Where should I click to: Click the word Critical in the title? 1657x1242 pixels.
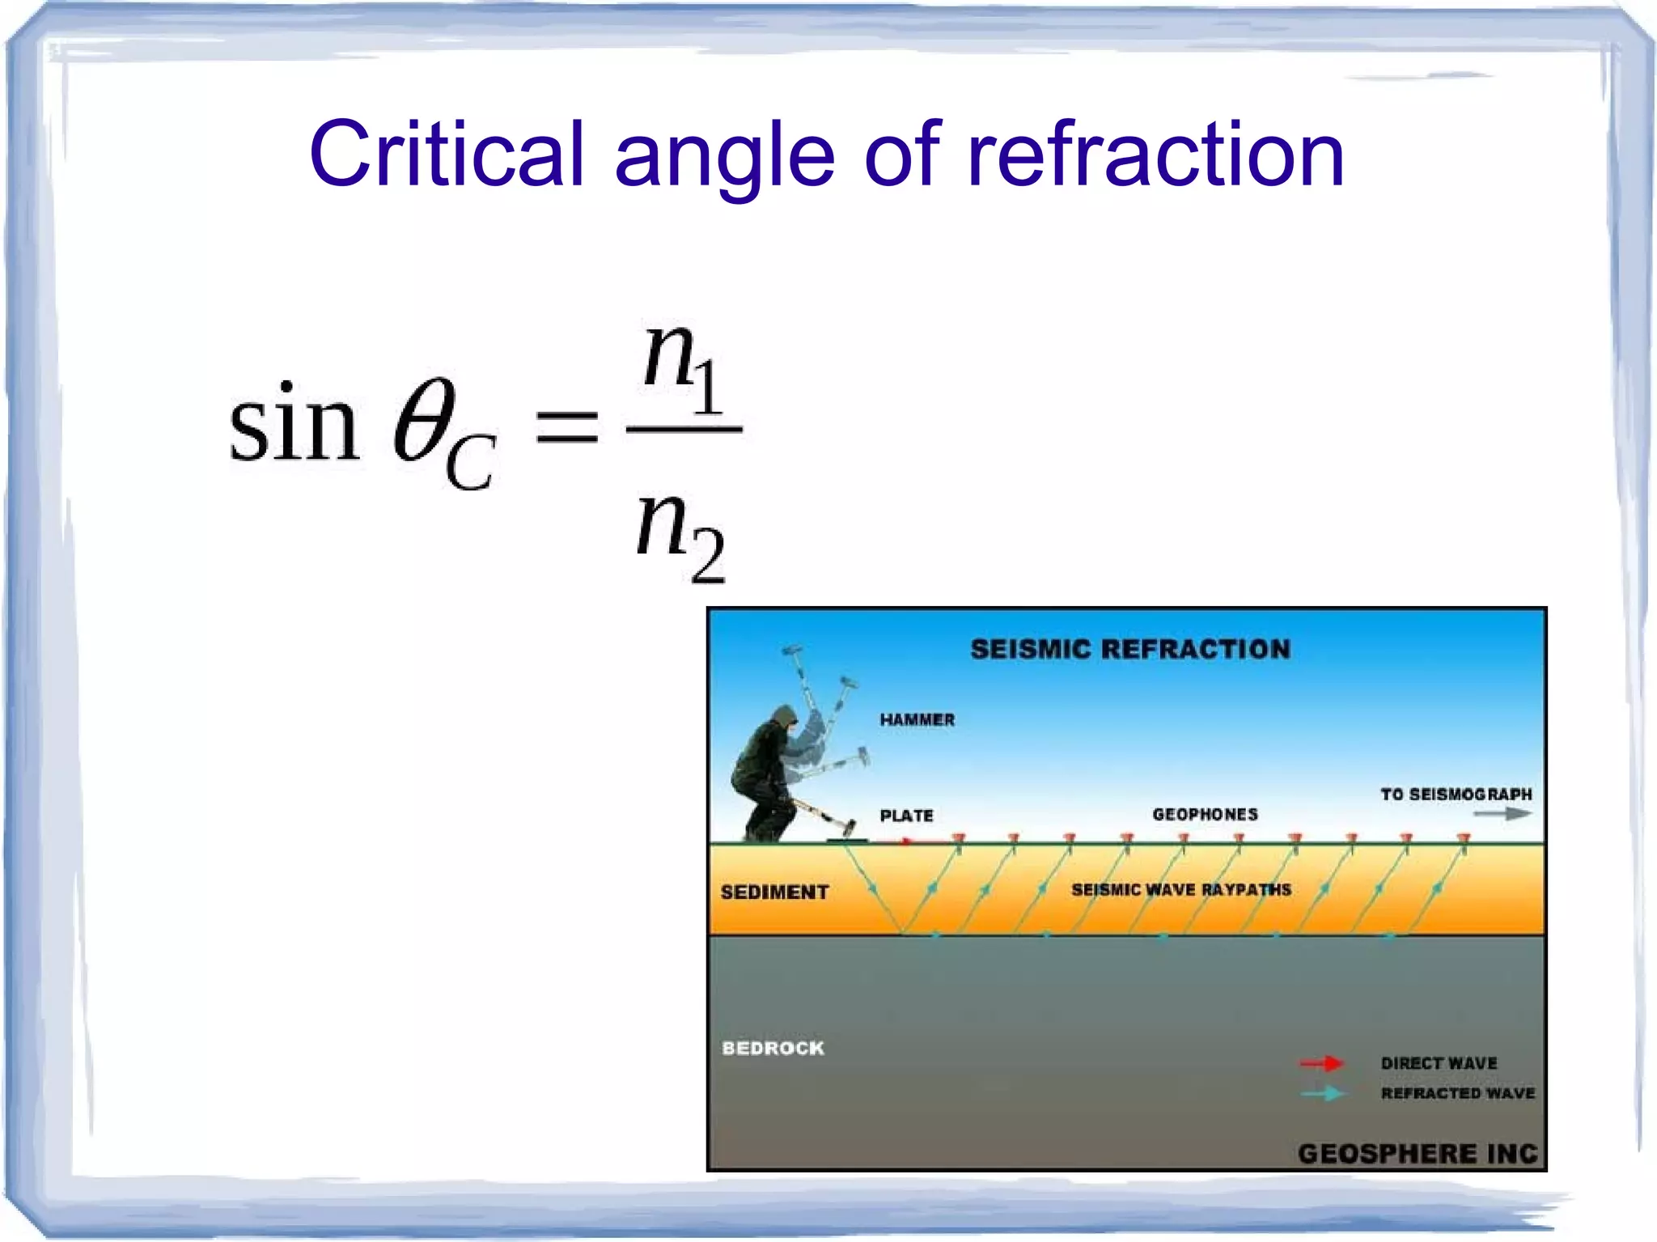pyautogui.click(x=446, y=154)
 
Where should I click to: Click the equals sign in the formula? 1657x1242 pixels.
pyautogui.click(x=566, y=426)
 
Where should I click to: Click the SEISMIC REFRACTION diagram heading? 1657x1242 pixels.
pyautogui.click(x=1129, y=649)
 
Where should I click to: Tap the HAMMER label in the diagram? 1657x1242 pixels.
pyautogui.click(x=917, y=720)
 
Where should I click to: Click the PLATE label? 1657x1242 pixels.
pyautogui.click(x=906, y=816)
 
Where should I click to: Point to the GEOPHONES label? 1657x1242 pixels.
pyautogui.click(x=1205, y=814)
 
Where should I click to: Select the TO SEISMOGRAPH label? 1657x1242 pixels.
pyautogui.click(x=1456, y=795)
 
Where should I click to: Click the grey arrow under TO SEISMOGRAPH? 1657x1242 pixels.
pyautogui.click(x=1502, y=814)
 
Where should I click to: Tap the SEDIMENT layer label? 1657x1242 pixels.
pyautogui.click(x=774, y=892)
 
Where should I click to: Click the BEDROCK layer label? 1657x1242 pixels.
pyautogui.click(x=773, y=1049)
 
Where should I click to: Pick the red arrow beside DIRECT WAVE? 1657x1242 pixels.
pyautogui.click(x=1321, y=1063)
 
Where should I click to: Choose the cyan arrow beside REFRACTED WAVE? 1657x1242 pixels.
pyautogui.click(x=1321, y=1094)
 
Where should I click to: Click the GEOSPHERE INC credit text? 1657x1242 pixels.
pyautogui.click(x=1417, y=1153)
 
